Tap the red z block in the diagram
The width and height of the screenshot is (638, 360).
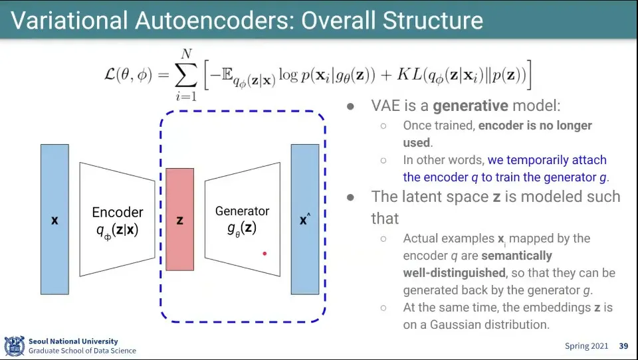[x=179, y=219]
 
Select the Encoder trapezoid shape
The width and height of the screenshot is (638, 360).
[x=117, y=219]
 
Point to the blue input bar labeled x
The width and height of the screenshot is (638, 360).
[x=54, y=219]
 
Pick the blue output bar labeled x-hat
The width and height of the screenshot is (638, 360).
[x=304, y=219]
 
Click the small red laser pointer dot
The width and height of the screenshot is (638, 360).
[x=265, y=253]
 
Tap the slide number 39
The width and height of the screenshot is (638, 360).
[x=623, y=346]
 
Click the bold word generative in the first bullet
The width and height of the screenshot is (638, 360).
[x=471, y=106]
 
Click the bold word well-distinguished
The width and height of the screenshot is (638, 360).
[x=453, y=273]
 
